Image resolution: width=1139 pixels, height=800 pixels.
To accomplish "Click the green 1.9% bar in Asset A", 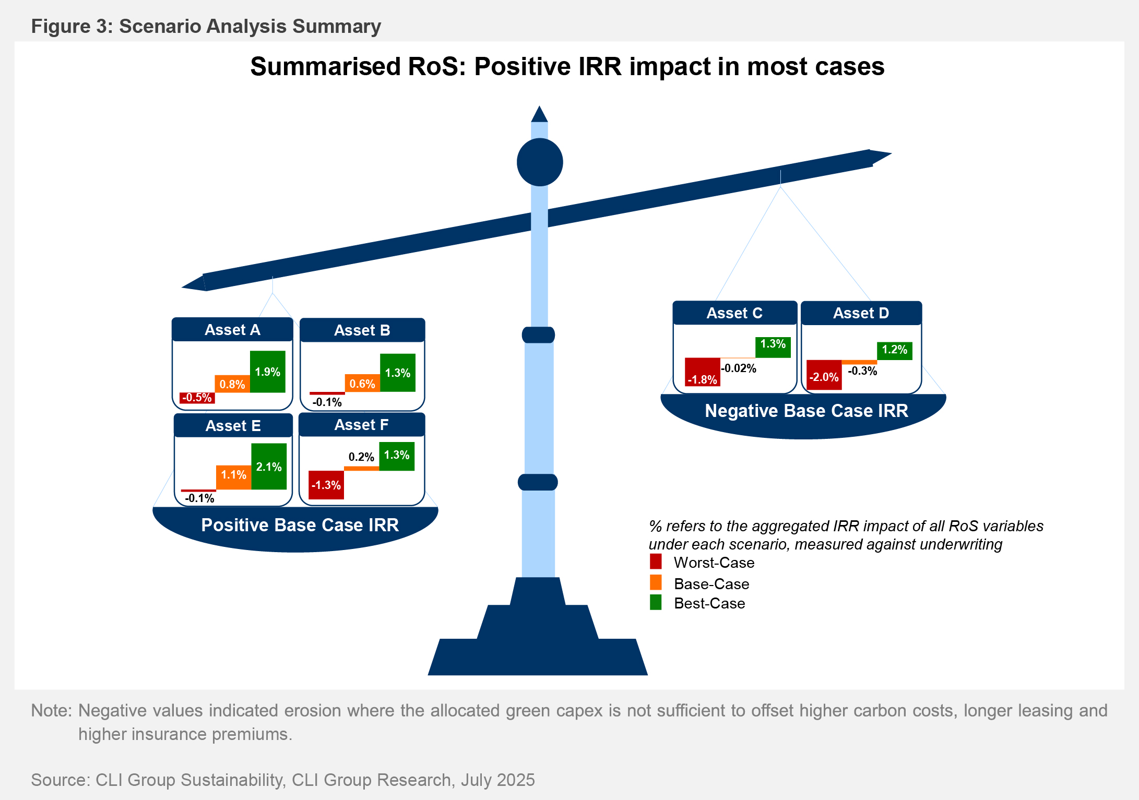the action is tap(268, 372).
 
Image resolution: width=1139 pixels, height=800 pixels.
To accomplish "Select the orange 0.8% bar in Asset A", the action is tap(232, 384).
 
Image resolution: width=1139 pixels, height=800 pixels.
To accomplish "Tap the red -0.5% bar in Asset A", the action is tap(197, 398).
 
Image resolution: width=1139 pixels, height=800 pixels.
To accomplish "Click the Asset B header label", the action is tap(362, 330).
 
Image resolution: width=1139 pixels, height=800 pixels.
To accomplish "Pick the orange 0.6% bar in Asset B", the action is tap(362, 383).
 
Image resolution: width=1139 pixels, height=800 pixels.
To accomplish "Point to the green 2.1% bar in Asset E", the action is tap(269, 467).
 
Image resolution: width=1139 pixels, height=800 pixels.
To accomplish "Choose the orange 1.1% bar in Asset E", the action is tap(234, 477).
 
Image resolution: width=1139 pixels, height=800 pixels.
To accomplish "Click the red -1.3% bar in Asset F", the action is tap(326, 485).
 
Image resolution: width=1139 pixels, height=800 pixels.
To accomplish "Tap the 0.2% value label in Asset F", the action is tap(361, 457).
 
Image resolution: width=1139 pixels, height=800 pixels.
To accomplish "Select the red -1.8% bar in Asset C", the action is tap(703, 372).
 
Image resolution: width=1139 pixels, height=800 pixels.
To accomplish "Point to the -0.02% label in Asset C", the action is tap(739, 368).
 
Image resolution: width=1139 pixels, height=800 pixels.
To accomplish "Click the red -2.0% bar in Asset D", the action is tap(824, 375).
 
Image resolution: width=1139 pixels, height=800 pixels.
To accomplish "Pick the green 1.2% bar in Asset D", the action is tap(895, 350).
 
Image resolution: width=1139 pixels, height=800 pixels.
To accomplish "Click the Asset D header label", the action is tap(861, 313).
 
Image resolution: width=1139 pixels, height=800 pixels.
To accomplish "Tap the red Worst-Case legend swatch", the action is tap(656, 562).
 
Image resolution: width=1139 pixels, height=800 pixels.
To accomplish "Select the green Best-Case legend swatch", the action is tap(656, 602).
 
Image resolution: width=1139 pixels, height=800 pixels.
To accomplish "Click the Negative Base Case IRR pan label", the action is tap(806, 411).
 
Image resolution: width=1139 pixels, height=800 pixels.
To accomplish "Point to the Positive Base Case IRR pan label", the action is tap(300, 525).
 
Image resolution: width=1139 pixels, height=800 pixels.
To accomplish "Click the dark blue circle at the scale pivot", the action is tap(540, 162).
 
